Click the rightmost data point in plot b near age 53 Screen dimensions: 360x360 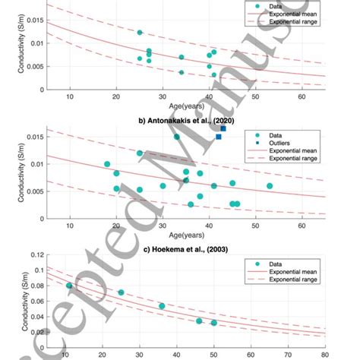tap(270, 185)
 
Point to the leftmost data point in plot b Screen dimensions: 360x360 tap(107, 164)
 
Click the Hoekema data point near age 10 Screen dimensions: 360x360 tap(69, 286)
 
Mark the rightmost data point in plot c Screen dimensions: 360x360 tap(213, 323)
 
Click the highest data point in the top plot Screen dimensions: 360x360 tap(140, 33)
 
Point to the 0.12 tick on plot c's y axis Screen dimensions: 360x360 tap(35, 258)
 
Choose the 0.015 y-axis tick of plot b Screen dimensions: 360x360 tap(31, 137)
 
